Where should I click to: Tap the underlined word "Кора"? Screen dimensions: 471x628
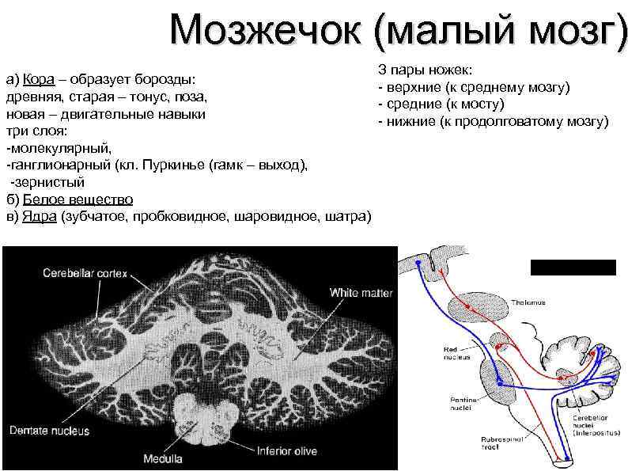point(38,80)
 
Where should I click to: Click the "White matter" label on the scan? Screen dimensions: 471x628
point(361,293)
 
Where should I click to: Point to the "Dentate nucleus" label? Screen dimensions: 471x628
point(50,431)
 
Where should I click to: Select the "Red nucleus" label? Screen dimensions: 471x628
point(453,352)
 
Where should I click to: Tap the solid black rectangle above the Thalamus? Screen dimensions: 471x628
point(573,267)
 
